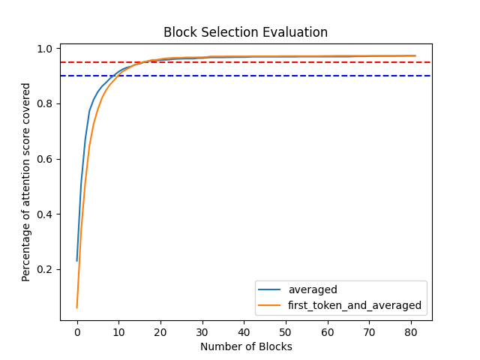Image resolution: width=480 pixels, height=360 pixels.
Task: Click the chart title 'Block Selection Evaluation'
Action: (246, 33)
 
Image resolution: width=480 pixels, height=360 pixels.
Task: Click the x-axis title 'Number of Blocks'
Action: (246, 346)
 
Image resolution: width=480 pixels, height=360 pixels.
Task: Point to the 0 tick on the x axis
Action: (77, 332)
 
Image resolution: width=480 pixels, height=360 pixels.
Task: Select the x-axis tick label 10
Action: (118, 332)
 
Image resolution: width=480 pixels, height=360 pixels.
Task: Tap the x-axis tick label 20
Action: (160, 332)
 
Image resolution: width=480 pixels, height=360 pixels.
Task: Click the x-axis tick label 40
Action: (244, 332)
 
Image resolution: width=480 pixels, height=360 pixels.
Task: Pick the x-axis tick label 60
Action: (328, 332)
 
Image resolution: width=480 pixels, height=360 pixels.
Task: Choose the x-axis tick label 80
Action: (411, 332)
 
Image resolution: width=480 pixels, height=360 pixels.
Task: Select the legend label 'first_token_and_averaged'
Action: (355, 305)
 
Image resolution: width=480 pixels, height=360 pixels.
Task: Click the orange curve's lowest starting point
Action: (77, 307)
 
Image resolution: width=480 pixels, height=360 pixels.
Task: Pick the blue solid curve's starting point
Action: (77, 260)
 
